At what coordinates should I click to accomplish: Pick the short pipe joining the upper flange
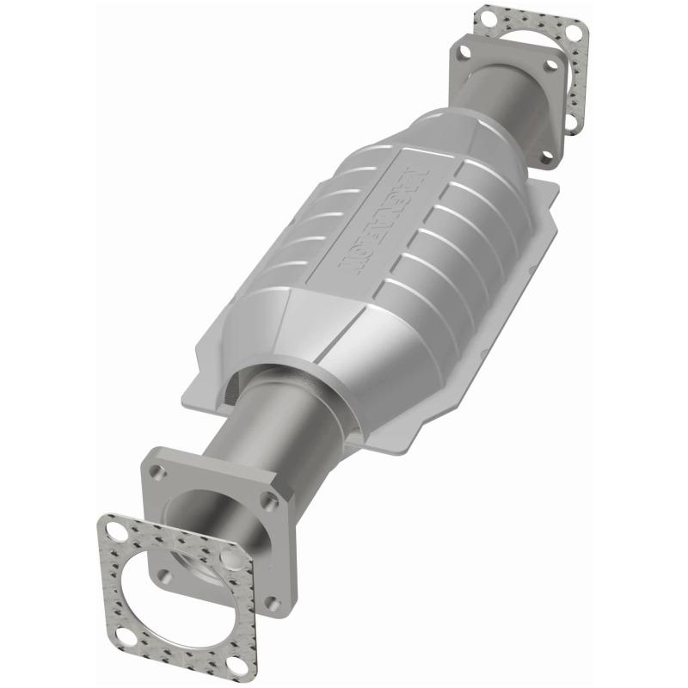pos(499,95)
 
